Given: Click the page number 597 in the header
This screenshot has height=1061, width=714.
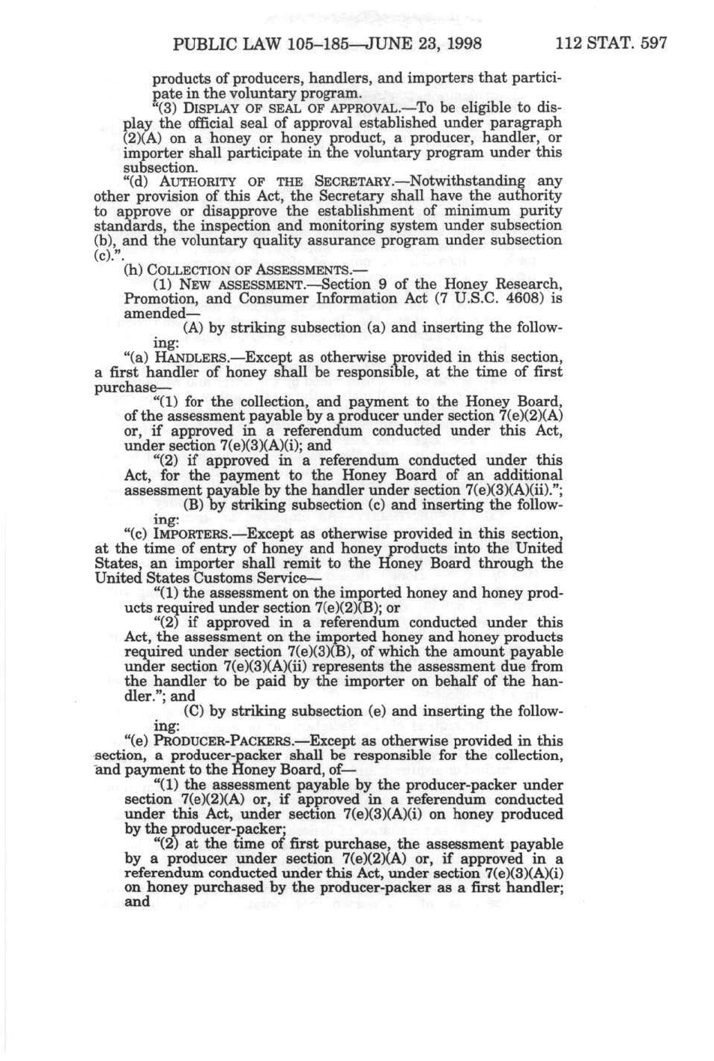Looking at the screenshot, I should [653, 43].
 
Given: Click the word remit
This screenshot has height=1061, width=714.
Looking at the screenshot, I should [325, 563].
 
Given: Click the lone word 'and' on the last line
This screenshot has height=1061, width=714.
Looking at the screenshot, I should [137, 902].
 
